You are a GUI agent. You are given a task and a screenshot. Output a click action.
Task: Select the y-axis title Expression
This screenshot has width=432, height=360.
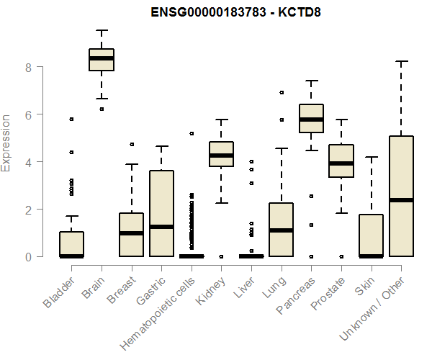[x=7, y=143]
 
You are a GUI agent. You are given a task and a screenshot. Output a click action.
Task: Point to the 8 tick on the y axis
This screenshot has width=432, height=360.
[x=29, y=67]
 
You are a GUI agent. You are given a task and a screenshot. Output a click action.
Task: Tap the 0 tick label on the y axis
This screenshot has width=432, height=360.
[x=29, y=256]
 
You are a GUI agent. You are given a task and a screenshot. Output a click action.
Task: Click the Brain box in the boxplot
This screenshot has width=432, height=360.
[x=102, y=60]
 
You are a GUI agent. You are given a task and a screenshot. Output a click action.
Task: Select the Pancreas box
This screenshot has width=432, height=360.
[x=311, y=119]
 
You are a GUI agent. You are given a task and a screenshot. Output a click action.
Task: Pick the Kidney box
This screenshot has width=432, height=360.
[x=221, y=154]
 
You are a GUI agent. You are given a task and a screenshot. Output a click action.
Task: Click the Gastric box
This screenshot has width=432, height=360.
[x=161, y=213]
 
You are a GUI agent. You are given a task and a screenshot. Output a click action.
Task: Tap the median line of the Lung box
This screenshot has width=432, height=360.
[x=282, y=230]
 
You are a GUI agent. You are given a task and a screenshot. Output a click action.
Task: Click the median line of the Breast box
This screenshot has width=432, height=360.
[x=132, y=233]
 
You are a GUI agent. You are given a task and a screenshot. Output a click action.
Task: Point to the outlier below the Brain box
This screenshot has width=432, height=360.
[x=102, y=109]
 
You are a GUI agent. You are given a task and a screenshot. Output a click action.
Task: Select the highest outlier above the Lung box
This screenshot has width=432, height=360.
[x=282, y=92]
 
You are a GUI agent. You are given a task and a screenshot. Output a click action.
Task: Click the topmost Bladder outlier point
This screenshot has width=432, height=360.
[x=71, y=119]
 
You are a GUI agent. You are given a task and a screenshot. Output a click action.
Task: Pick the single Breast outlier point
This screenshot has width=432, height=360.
[x=132, y=145]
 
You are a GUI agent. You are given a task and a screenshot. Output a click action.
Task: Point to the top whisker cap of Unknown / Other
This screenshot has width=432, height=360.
[x=401, y=62]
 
